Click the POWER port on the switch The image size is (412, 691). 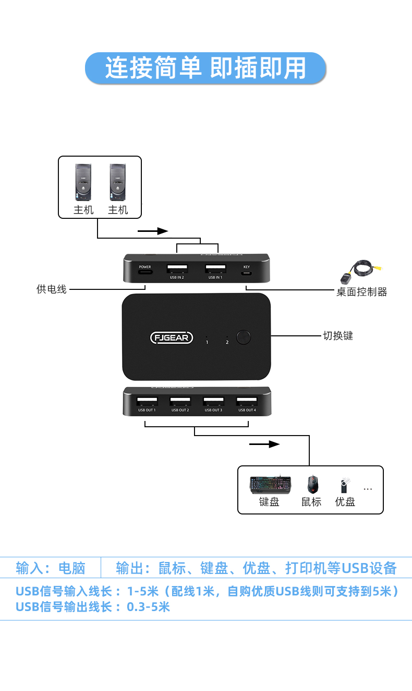(x=144, y=272)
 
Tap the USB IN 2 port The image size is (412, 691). (x=177, y=270)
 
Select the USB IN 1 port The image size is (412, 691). (x=215, y=270)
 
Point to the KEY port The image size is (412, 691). (x=247, y=272)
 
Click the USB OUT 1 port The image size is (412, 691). (x=147, y=402)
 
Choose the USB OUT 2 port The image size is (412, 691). (x=180, y=402)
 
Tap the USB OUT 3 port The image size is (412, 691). (x=213, y=402)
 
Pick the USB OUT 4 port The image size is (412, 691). (x=247, y=402)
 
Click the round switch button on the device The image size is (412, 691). (x=244, y=337)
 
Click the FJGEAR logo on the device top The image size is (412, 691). (x=172, y=337)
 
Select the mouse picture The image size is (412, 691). (x=312, y=484)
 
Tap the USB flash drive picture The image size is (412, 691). (x=344, y=485)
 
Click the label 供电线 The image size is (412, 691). (x=52, y=289)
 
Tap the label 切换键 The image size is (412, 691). (x=338, y=336)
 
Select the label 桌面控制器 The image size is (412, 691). (x=361, y=292)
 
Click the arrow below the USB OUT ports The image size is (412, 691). (x=265, y=444)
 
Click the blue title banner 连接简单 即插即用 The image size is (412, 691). (x=205, y=68)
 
